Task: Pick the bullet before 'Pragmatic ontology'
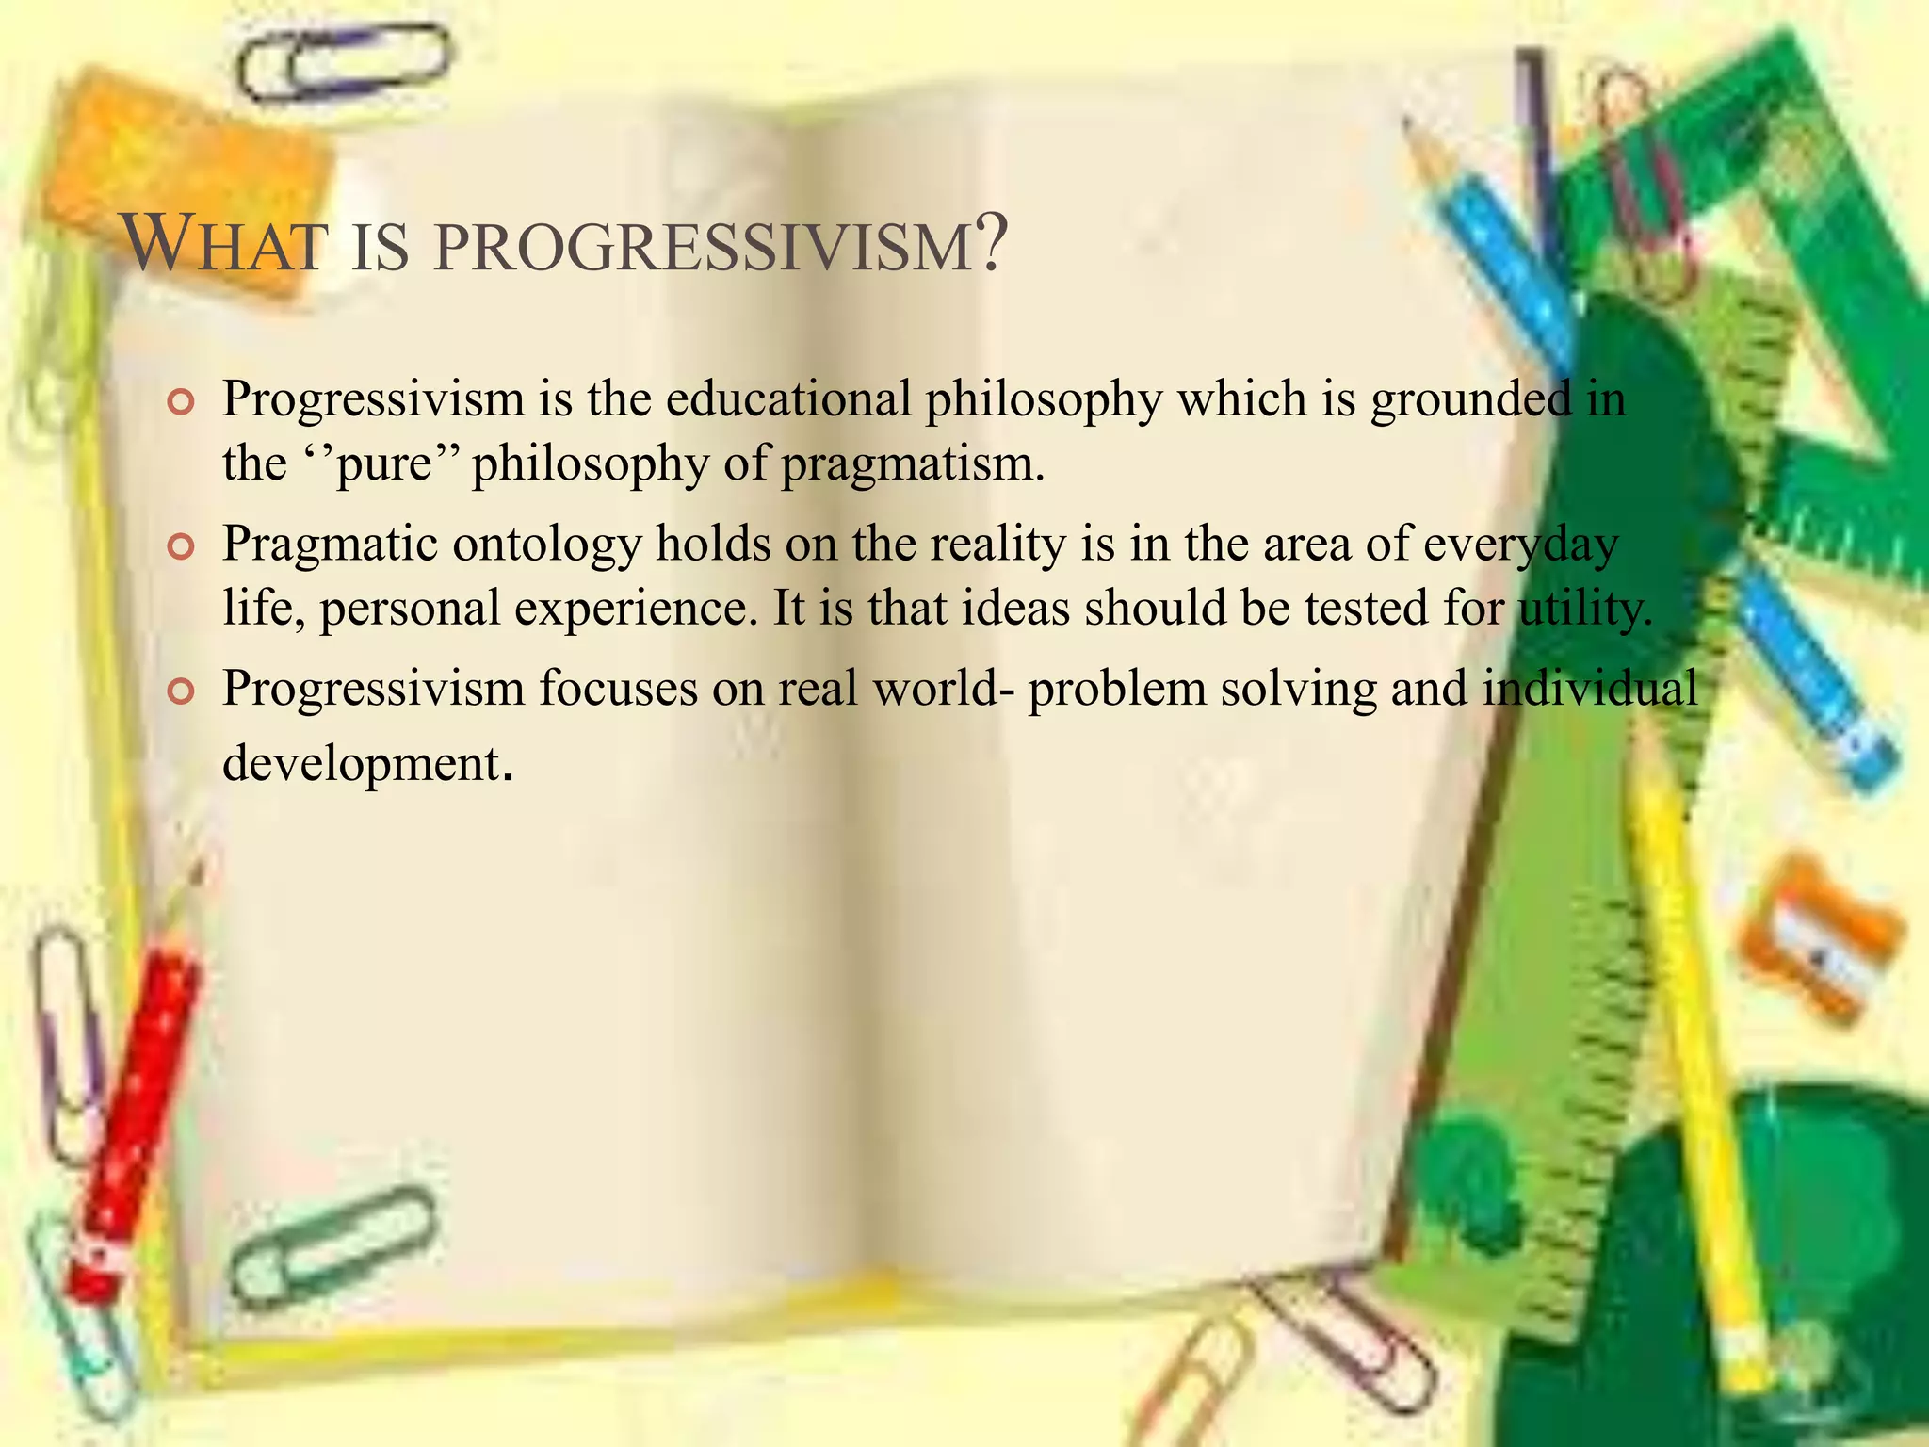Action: pos(179,547)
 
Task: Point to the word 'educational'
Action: pos(788,399)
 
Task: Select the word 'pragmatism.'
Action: pos(914,464)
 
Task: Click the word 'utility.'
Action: pos(1586,609)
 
